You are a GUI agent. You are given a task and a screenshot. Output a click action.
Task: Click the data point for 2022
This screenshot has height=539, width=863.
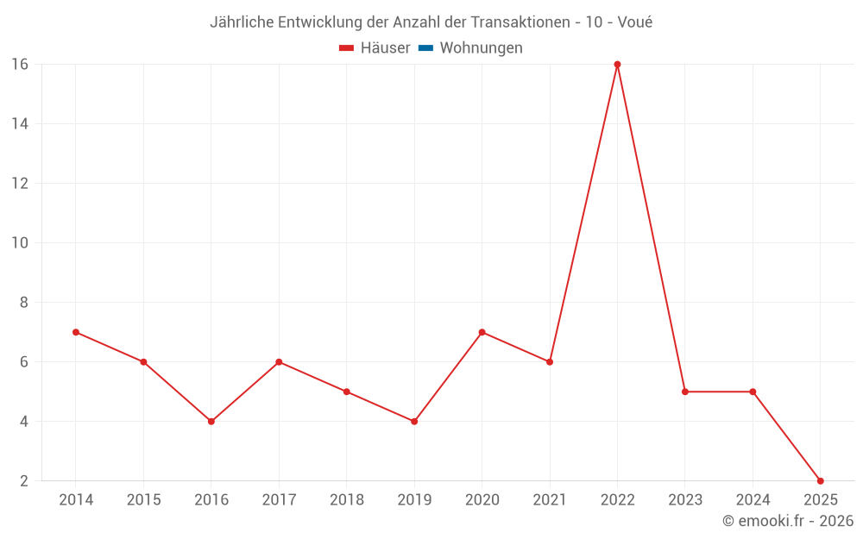[617, 65]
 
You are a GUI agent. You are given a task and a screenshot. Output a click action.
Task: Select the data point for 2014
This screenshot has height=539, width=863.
[76, 332]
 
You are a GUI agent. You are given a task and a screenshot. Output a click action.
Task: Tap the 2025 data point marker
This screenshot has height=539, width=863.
[820, 480]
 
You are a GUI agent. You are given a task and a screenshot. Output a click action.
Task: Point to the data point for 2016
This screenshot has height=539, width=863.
[211, 422]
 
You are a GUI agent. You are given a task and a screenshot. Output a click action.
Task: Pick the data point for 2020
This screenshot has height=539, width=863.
[482, 332]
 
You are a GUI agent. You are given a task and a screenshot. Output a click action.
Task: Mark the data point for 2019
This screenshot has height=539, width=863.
[414, 422]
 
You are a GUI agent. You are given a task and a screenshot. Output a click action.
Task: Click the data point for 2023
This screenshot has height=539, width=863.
[685, 392]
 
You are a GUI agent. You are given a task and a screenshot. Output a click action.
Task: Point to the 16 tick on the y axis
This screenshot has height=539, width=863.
[19, 65]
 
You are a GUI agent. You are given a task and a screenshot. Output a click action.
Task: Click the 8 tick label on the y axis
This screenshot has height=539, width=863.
[23, 303]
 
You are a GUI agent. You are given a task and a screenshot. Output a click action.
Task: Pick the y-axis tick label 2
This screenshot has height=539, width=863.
[23, 481]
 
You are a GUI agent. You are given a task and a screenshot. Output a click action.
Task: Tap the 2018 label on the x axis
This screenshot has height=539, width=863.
[346, 500]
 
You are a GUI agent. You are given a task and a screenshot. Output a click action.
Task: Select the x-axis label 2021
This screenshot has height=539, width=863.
[550, 500]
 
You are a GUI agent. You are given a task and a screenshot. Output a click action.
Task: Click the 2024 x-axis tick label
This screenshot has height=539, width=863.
[753, 500]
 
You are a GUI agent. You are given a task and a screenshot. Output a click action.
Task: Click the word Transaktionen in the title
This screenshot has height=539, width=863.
[520, 22]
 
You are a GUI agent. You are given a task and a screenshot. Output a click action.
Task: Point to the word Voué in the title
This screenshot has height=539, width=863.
[634, 22]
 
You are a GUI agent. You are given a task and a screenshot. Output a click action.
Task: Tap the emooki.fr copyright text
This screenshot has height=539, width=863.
[788, 521]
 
